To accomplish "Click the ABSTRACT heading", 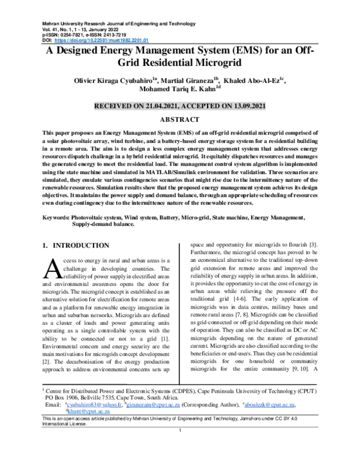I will [x=179, y=120].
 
